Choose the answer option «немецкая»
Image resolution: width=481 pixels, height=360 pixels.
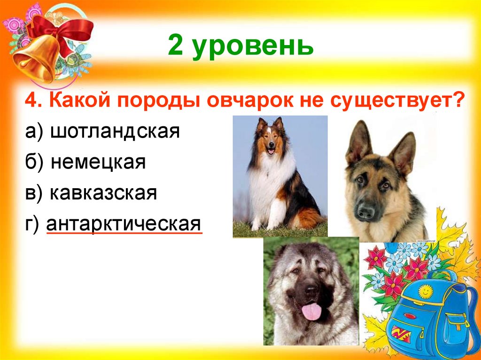click(x=99, y=162)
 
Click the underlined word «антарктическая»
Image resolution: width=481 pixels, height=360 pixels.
click(x=124, y=224)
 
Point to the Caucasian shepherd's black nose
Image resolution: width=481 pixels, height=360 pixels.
click(x=311, y=291)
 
